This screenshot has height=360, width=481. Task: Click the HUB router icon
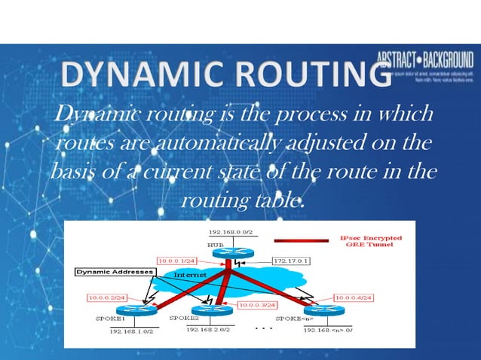click(228, 254)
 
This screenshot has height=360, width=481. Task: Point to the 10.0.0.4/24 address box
click(353, 297)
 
